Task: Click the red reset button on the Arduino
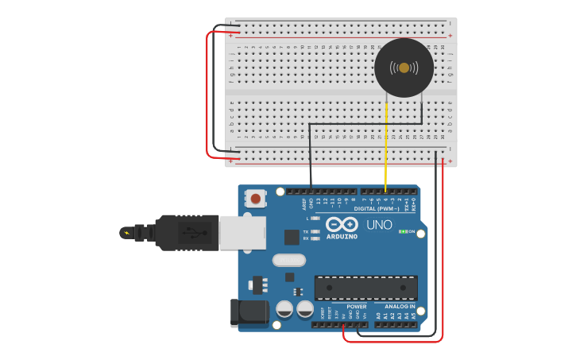click(x=256, y=198)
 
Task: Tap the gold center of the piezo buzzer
click(x=404, y=68)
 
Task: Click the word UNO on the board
click(x=379, y=225)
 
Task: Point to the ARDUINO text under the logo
click(x=342, y=236)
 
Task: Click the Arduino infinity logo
click(x=342, y=223)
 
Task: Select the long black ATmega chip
click(x=365, y=288)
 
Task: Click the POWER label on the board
click(x=357, y=306)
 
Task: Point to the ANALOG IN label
click(x=400, y=306)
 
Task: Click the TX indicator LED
click(x=315, y=231)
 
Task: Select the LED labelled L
click(x=315, y=218)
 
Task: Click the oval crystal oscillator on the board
click(x=288, y=260)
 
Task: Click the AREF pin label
click(x=303, y=203)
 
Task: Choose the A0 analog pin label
click(x=378, y=315)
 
